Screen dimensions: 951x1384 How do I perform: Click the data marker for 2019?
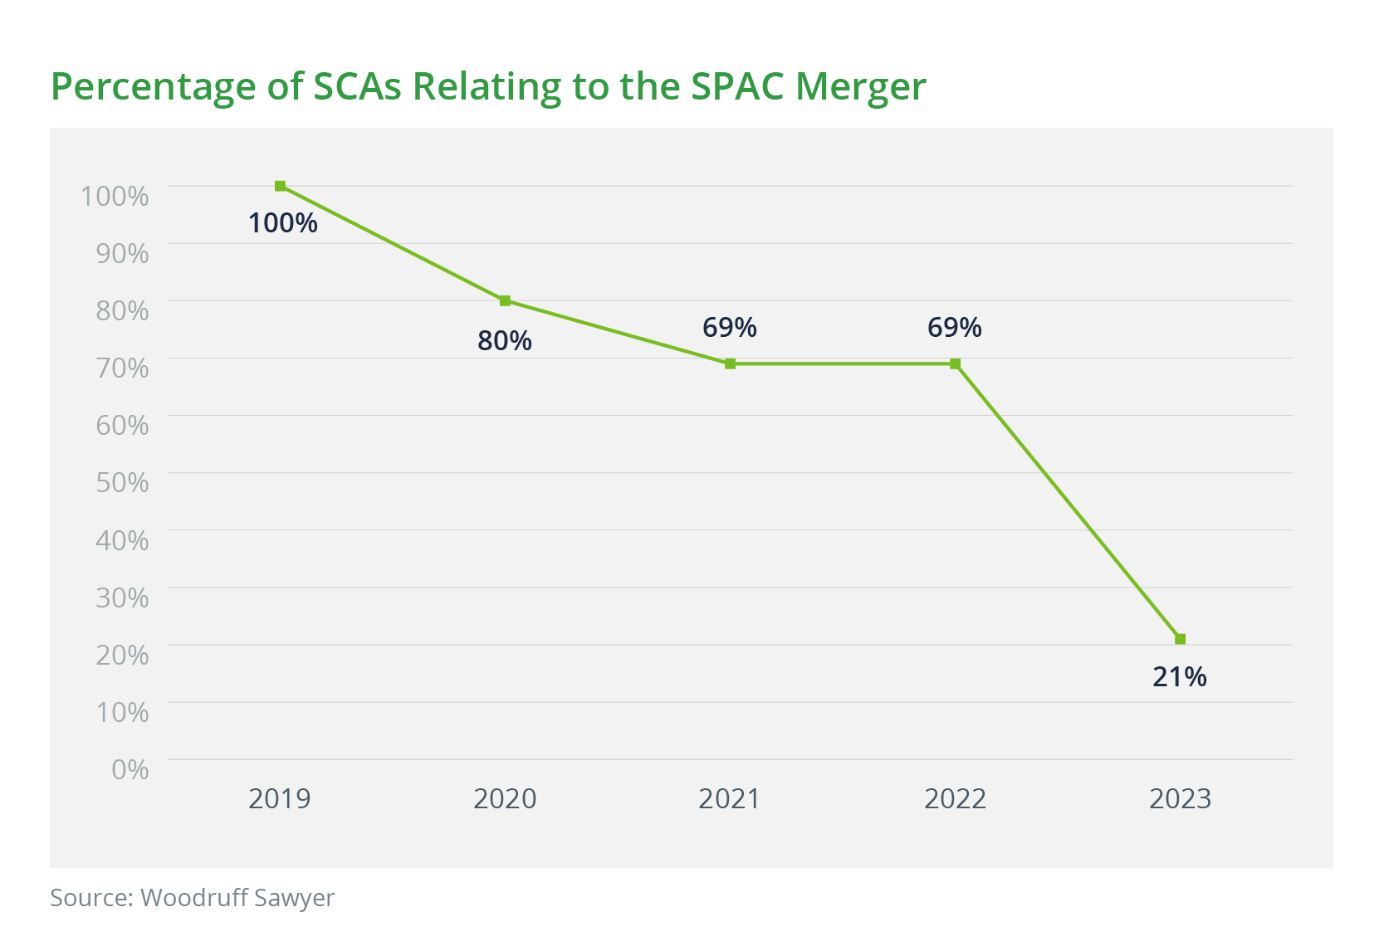[x=280, y=186]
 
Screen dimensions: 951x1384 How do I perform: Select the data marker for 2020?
[x=505, y=300]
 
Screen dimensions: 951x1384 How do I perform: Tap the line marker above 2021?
[x=730, y=363]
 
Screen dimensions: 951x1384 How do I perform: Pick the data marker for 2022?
[x=955, y=363]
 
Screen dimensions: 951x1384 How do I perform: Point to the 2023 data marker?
[x=1180, y=639]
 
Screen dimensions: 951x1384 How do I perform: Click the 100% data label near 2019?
[x=283, y=222]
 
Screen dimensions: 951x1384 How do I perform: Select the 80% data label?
[x=505, y=340]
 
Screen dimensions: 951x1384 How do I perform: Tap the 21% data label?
[x=1180, y=677]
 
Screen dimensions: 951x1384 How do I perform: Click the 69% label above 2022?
[x=955, y=328]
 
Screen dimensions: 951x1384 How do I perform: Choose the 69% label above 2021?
[x=730, y=328]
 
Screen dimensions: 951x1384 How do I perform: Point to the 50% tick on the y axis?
[x=122, y=482]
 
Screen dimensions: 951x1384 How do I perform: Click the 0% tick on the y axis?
[x=130, y=769]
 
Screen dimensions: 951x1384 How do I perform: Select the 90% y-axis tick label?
[x=122, y=253]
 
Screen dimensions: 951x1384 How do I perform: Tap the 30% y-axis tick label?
[x=122, y=597]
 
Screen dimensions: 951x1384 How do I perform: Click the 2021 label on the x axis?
[x=730, y=798]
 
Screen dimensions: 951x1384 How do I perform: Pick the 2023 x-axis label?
[x=1180, y=798]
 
